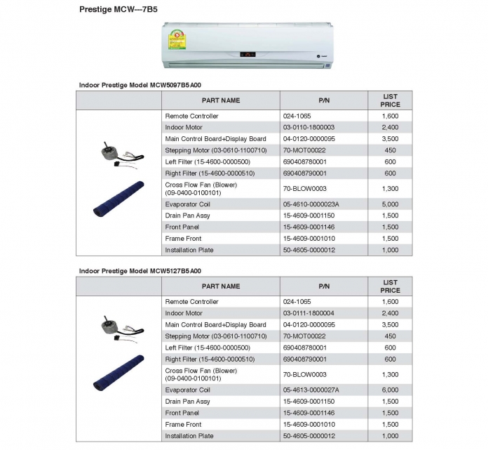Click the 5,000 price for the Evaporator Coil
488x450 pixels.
pyautogui.click(x=391, y=204)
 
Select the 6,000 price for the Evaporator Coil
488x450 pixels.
pyautogui.click(x=391, y=390)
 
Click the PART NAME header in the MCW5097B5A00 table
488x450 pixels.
pyautogui.click(x=221, y=100)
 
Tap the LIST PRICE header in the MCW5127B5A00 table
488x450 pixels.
pyautogui.click(x=391, y=286)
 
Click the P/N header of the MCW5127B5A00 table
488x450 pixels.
pyautogui.click(x=324, y=286)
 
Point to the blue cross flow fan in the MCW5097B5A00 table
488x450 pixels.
pyautogui.click(x=118, y=197)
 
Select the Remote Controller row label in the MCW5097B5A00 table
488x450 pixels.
pyautogui.click(x=191, y=116)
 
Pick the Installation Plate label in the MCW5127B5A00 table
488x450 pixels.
pyautogui.click(x=189, y=436)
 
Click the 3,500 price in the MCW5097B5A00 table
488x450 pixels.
pyautogui.click(x=391, y=139)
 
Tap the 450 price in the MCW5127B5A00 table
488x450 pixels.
pyautogui.click(x=391, y=336)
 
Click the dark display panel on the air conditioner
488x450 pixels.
pyautogui.click(x=248, y=54)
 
